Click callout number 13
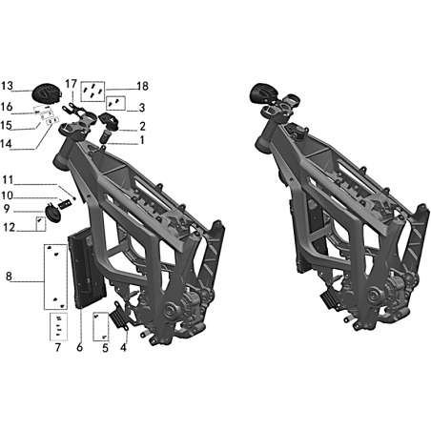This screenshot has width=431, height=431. [x=7, y=86]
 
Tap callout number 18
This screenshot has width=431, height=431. [x=143, y=86]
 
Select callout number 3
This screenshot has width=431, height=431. [x=142, y=108]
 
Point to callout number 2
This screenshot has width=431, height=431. [x=142, y=127]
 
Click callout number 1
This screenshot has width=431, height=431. [x=142, y=140]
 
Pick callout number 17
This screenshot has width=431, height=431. [x=72, y=84]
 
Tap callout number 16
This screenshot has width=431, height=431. [x=7, y=107]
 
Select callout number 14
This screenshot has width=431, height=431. [x=6, y=144]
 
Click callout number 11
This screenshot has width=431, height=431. [x=8, y=180]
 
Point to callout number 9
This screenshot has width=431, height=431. [x=7, y=209]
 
